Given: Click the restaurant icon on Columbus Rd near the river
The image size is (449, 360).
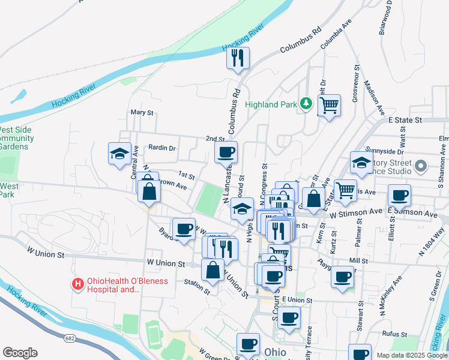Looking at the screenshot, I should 238,58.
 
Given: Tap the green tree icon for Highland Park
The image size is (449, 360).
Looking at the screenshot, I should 307,104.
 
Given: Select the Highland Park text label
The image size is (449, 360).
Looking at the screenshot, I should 271,104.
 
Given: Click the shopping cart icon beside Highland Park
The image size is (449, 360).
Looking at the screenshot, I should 329,106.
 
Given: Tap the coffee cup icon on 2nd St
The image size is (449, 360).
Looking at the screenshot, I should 226,152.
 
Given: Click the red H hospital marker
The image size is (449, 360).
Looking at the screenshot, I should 77,284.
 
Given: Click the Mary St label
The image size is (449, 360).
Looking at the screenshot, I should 142,113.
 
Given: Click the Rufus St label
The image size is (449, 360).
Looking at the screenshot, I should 395,334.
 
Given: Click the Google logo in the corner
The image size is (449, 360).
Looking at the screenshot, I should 20,353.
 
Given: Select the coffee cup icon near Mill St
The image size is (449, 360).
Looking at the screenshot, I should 342,277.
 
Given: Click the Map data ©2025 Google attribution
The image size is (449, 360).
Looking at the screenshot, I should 412,355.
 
